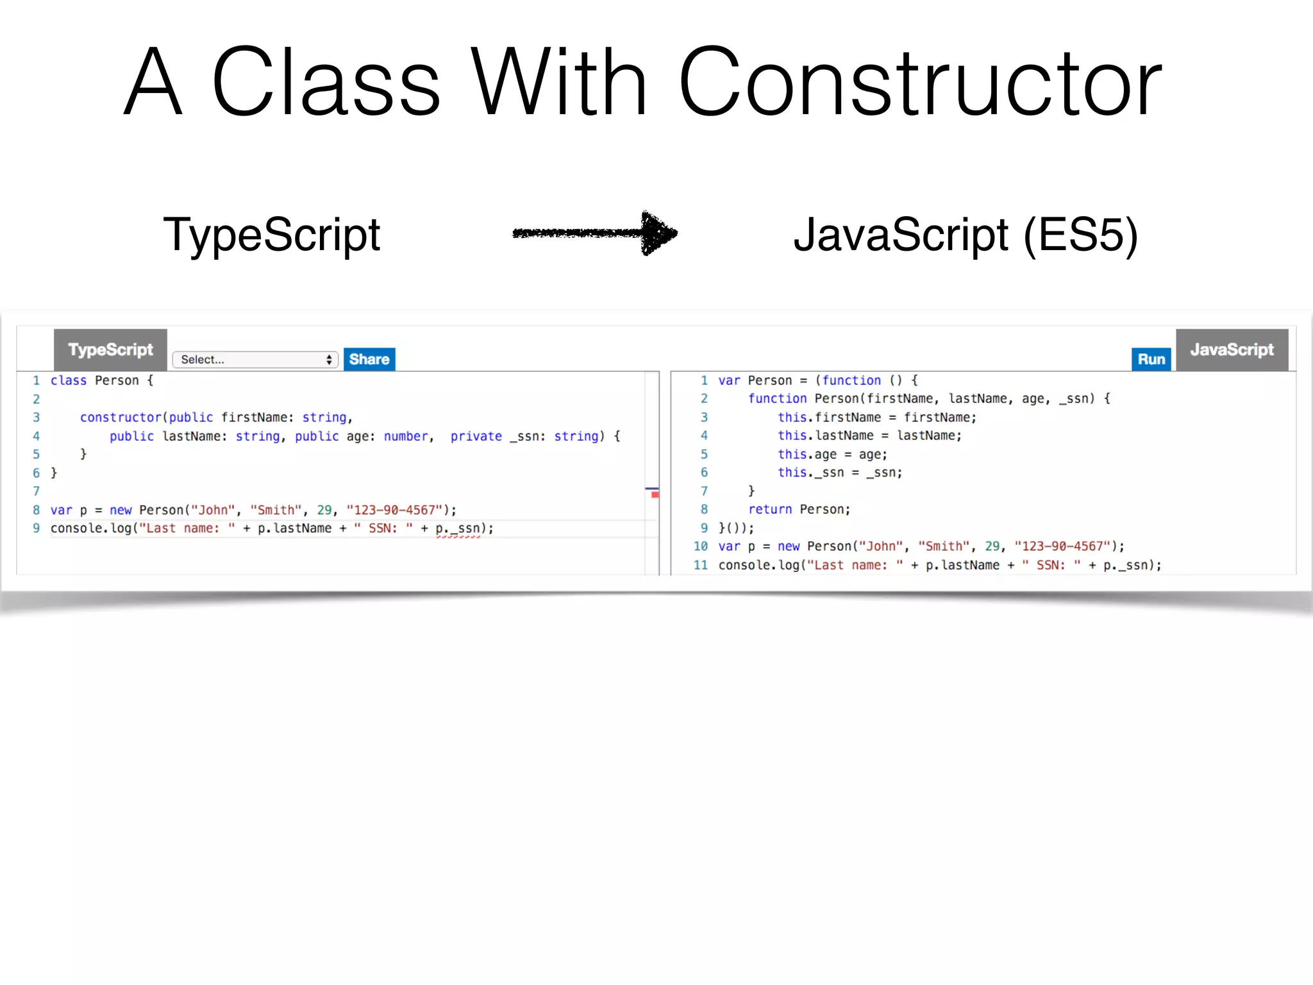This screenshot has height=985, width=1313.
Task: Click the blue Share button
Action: pyautogui.click(x=369, y=359)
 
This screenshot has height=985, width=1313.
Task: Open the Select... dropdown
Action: pyautogui.click(x=255, y=360)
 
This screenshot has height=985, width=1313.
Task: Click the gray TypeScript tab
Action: pyautogui.click(x=110, y=350)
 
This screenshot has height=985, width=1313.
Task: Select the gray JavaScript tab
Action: pyautogui.click(x=1232, y=350)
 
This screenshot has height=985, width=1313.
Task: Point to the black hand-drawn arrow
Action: pyautogui.click(x=595, y=233)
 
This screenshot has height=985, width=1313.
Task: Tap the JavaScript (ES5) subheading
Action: pyautogui.click(x=965, y=235)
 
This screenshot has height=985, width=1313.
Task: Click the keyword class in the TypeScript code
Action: pyautogui.click(x=69, y=381)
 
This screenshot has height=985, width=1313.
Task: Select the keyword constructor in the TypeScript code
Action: pyautogui.click(x=121, y=417)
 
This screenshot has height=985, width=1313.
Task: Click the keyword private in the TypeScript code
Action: pyautogui.click(x=476, y=437)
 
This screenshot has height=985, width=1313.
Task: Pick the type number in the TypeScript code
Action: pyautogui.click(x=406, y=437)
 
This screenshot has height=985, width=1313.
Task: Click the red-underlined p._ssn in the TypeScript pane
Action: pyautogui.click(x=458, y=529)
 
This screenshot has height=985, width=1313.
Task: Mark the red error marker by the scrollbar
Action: pyautogui.click(x=655, y=494)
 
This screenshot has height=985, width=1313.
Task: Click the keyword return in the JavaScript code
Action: pyautogui.click(x=770, y=510)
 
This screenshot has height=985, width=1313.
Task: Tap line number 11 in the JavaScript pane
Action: pyautogui.click(x=701, y=566)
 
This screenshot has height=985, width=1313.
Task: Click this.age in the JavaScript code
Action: pyautogui.click(x=807, y=455)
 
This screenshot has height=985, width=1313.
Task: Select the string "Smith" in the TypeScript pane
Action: pyautogui.click(x=276, y=510)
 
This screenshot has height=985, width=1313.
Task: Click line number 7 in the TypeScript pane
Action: pyautogui.click(x=37, y=492)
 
